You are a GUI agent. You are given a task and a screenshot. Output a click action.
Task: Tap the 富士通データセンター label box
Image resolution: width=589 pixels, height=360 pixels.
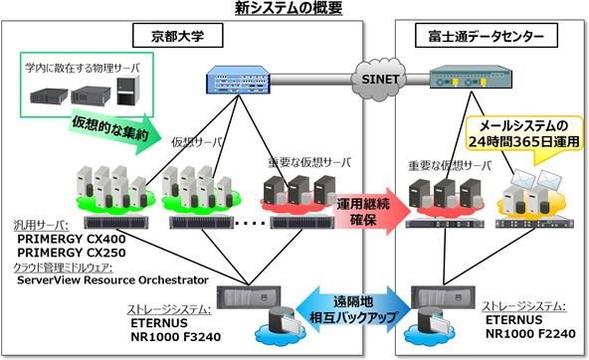[480, 37]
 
